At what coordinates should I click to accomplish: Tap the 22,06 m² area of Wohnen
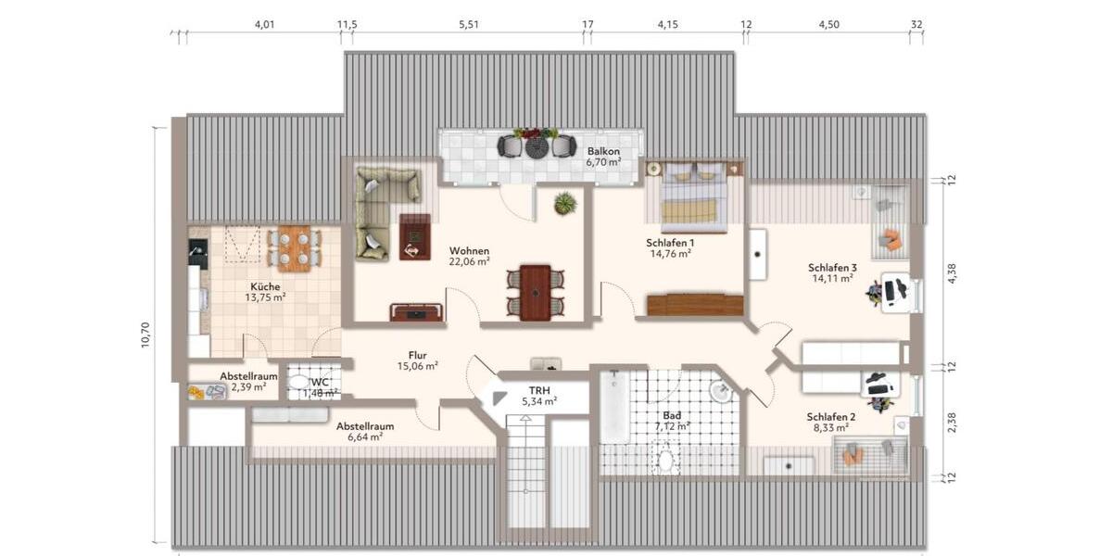point(470,262)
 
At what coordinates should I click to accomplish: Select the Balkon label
point(602,151)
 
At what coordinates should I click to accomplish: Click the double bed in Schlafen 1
point(693,196)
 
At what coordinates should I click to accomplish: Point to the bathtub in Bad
point(612,409)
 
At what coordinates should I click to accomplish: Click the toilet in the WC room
point(298,382)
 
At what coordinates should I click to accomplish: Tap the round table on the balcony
point(537,146)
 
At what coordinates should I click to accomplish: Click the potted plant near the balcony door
point(564,203)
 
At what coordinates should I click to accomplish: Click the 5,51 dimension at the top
point(469,25)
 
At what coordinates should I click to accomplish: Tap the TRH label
point(539,390)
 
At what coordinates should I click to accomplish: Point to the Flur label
point(417,354)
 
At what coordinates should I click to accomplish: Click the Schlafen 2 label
point(830,416)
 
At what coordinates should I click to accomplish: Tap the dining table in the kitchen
point(294,247)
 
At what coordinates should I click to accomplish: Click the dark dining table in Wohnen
point(535,291)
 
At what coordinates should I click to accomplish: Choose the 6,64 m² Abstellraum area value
point(364,437)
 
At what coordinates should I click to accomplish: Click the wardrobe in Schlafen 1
point(695,305)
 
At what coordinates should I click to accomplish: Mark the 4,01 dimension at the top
point(265,25)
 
